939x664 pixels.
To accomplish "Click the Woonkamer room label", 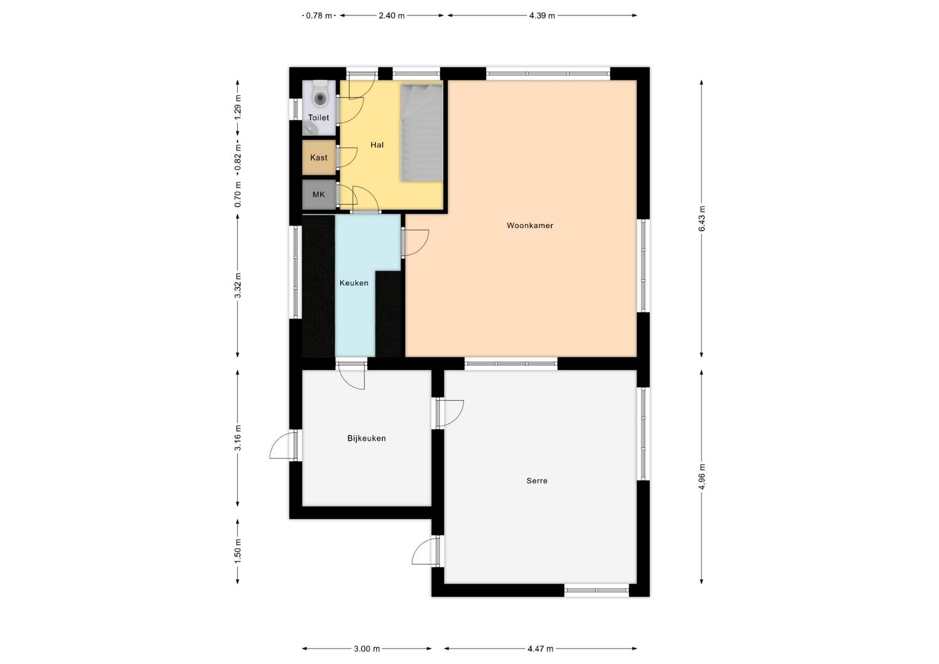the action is pos(530,225).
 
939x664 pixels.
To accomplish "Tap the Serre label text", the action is pos(537,481).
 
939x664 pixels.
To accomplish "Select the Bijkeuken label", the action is pos(366,438).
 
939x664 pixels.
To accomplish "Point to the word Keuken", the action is pos(354,283).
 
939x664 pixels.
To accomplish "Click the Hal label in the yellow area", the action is pos(377,145).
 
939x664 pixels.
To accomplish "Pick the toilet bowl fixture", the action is pos(320,95).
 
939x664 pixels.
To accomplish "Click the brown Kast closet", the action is pos(319,157).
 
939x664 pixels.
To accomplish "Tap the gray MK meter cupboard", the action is pos(319,194).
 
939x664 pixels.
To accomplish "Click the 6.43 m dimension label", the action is pos(702,218).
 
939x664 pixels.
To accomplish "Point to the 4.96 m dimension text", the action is pos(702,476).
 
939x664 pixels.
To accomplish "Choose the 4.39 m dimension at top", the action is pos(542,16).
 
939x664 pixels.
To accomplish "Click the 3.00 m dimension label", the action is pos(367,649).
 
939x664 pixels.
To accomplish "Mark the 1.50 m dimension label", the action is pos(238,551).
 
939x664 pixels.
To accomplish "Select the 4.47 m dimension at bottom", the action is pos(540,649).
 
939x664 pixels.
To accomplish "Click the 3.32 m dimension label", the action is pos(238,286).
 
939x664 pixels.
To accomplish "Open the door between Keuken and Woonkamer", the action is pos(415,242).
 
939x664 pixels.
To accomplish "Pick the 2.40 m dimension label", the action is pos(391,16).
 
